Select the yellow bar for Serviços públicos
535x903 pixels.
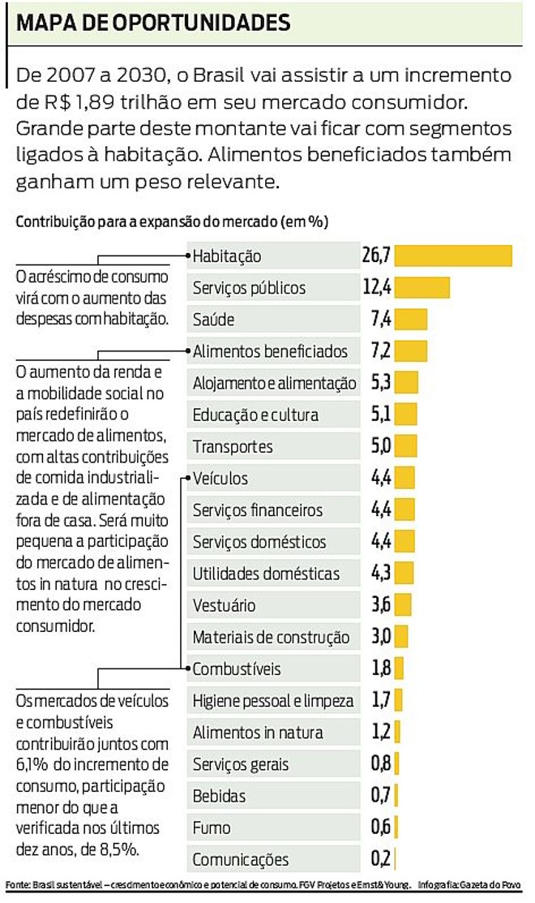(422, 287)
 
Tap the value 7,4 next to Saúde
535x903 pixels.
(381, 320)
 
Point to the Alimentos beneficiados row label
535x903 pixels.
(270, 351)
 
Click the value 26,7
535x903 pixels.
(377, 256)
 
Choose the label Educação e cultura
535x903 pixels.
(255, 415)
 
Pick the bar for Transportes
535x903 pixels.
(406, 446)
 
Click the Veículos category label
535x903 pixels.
(220, 479)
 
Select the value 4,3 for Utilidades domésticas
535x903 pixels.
(381, 574)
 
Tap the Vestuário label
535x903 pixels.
(224, 605)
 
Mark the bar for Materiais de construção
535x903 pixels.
(402, 637)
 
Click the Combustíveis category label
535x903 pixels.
(237, 669)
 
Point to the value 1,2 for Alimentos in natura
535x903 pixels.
(381, 733)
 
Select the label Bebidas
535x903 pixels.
(219, 796)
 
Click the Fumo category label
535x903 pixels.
(212, 828)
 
